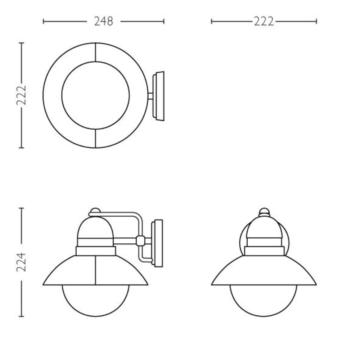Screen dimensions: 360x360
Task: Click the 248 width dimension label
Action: pyautogui.click(x=103, y=22)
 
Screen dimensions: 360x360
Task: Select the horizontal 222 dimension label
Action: pyautogui.click(x=264, y=22)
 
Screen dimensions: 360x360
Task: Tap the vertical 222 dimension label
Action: pyautogui.click(x=22, y=95)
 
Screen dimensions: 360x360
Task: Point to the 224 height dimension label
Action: pyautogui.click(x=22, y=262)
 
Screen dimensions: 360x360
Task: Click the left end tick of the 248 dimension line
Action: pyautogui.click(x=43, y=22)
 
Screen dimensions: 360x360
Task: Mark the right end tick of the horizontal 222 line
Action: pyautogui.click(x=316, y=22)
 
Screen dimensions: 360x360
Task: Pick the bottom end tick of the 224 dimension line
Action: pyautogui.click(x=22, y=316)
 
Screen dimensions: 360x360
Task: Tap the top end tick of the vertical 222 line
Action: pyautogui.click(x=22, y=43)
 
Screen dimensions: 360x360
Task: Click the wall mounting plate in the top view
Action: pyautogui.click(x=158, y=95)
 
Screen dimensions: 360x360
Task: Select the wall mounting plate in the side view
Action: pyautogui.click(x=158, y=243)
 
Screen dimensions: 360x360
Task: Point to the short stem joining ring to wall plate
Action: pyautogui.click(x=150, y=95)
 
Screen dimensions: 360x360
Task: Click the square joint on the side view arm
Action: pyautogui.click(x=140, y=240)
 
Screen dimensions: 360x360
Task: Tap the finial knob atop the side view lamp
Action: pyautogui.click(x=95, y=210)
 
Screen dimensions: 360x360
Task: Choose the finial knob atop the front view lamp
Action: pyautogui.click(x=264, y=211)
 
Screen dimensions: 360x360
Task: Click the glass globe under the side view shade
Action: pyautogui.click(x=95, y=301)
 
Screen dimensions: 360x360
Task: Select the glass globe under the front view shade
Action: pyautogui.click(x=264, y=301)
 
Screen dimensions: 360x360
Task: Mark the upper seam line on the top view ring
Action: pyautogui.click(x=95, y=53)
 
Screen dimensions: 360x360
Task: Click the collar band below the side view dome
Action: pyautogui.click(x=95, y=251)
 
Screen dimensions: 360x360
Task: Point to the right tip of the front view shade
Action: pyautogui.click(x=316, y=284)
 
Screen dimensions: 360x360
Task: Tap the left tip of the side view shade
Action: pyautogui.click(x=44, y=284)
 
